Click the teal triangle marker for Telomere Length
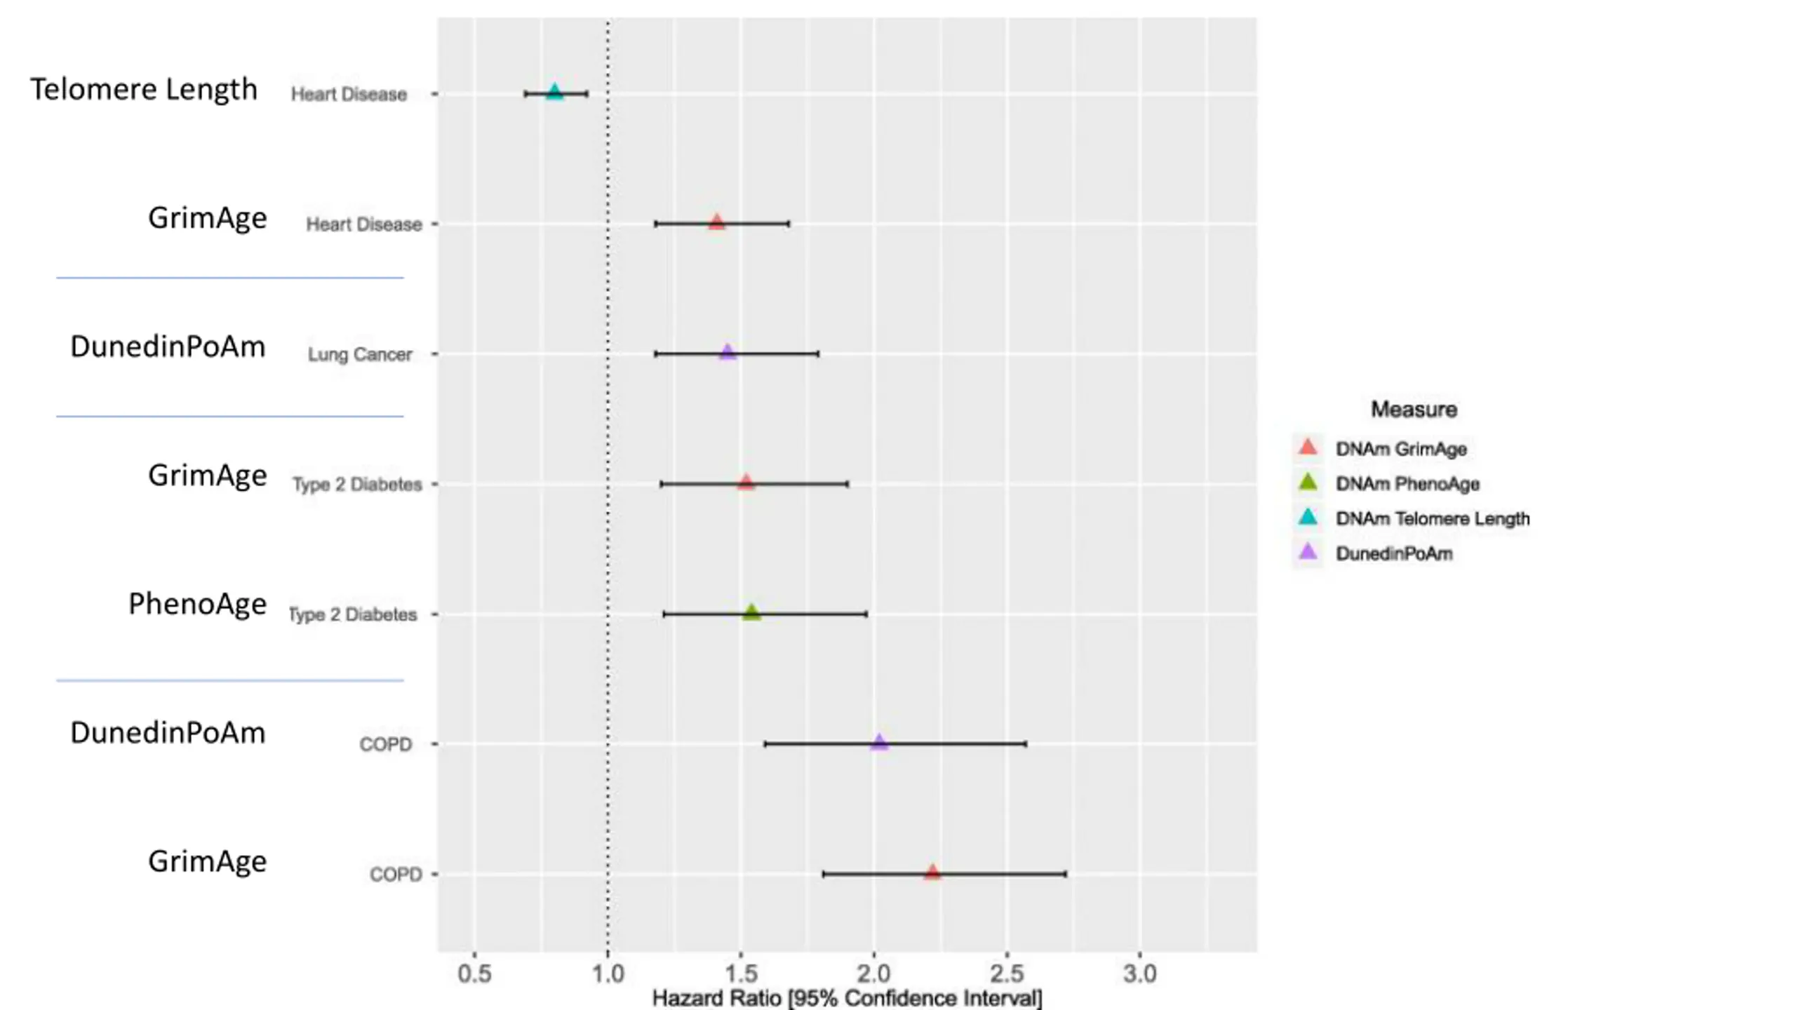pos(554,93)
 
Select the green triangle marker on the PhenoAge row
pos(751,613)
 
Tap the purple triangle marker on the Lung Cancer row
pos(728,352)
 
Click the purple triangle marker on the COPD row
pos(879,742)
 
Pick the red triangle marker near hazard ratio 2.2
pos(932,873)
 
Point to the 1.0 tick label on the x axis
pos(608,974)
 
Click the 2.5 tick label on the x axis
pos(1007,974)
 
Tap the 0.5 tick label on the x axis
pos(474,974)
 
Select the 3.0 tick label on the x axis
pos(1139,974)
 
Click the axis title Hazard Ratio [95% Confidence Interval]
pos(847,998)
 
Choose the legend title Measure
pos(1414,409)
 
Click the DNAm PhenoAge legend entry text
pos(1407,484)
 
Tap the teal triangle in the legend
pos(1308,518)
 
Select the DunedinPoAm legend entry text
pos(1394,553)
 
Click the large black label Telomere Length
pos(144,90)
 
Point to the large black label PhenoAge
pos(197,604)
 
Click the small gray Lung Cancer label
pos(360,354)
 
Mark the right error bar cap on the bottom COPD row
pos(1066,874)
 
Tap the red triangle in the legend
pos(1308,447)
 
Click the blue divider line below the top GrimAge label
pos(230,278)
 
